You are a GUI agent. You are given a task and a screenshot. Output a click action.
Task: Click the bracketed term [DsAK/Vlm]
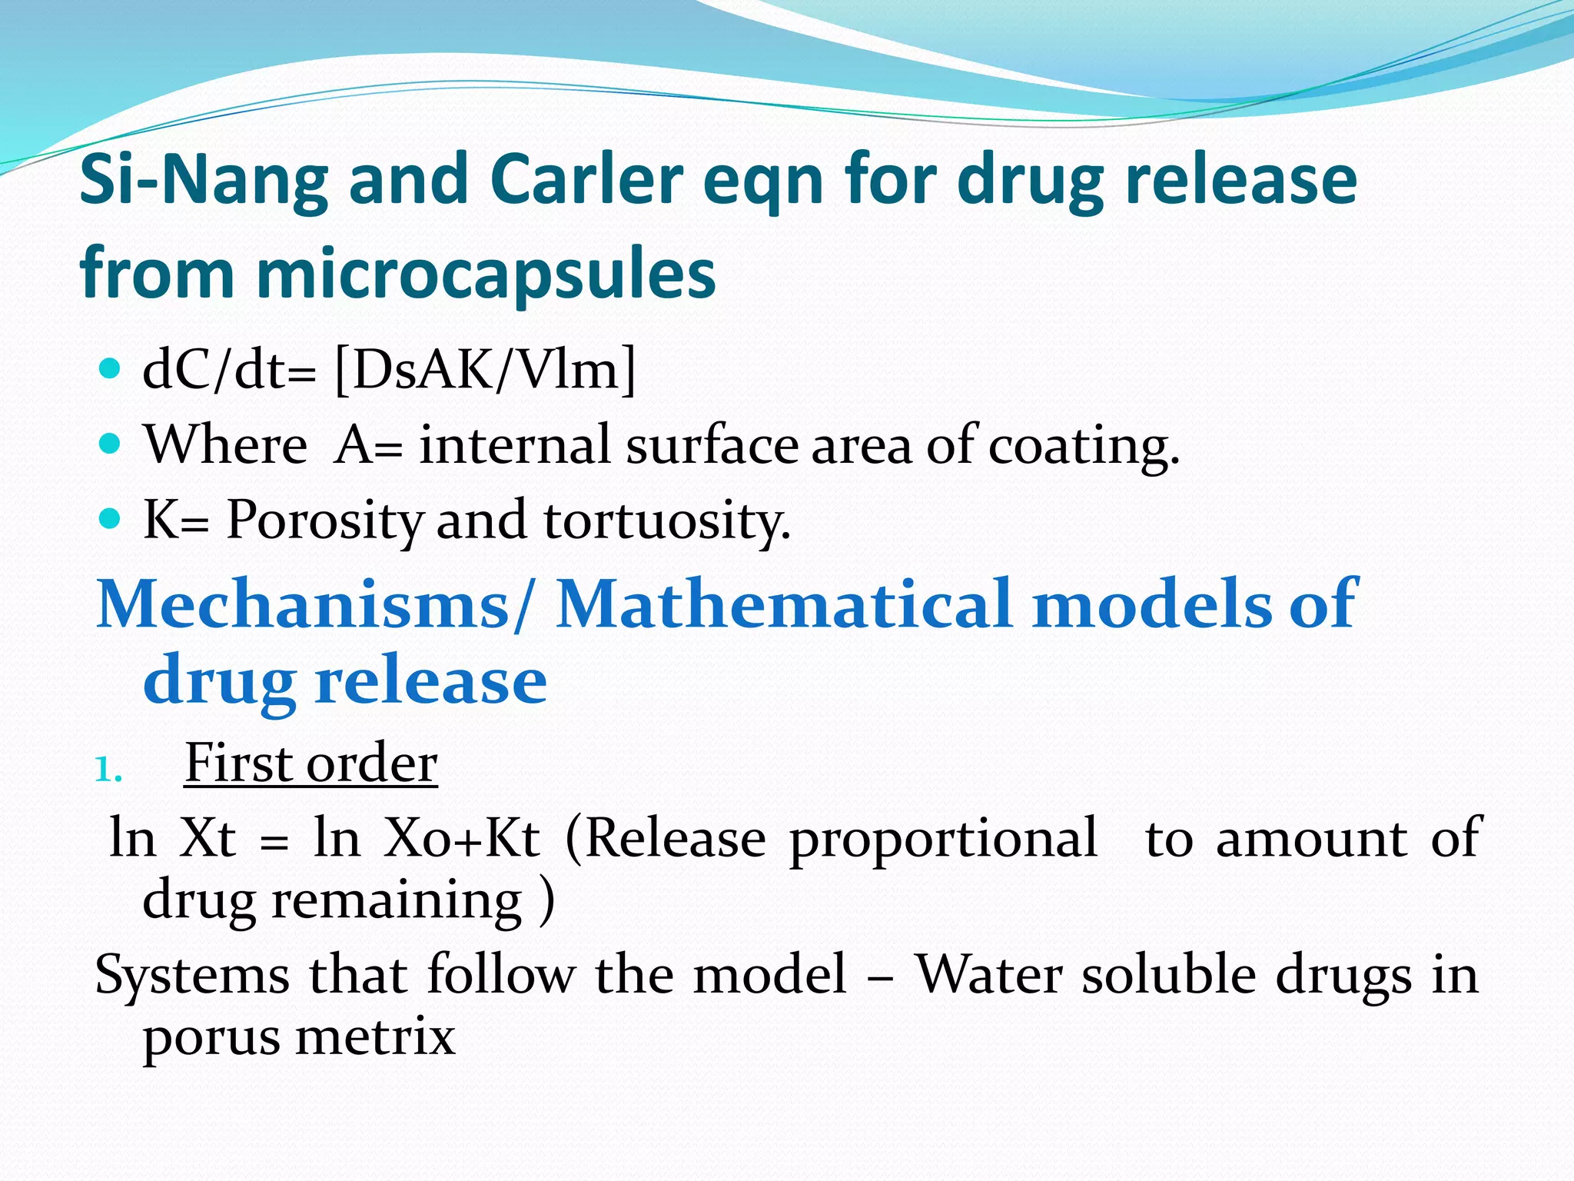tap(486, 371)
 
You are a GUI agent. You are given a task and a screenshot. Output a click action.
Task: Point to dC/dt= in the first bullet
tap(229, 371)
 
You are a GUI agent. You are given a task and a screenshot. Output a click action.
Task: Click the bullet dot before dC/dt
tap(111, 369)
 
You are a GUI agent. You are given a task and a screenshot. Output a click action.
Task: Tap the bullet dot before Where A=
tap(111, 444)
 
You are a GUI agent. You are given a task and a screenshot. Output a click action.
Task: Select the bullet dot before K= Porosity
tap(111, 519)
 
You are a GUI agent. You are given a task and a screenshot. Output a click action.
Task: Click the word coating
tap(1083, 446)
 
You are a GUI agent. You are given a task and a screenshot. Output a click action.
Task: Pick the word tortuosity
tap(666, 521)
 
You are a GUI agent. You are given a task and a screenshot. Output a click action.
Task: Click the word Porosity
tap(324, 521)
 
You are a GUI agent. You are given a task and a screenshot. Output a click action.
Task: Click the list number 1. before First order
tap(108, 770)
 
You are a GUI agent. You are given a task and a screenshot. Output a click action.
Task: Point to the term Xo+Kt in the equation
tap(462, 838)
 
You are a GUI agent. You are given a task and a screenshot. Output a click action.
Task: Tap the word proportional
tap(944, 838)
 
